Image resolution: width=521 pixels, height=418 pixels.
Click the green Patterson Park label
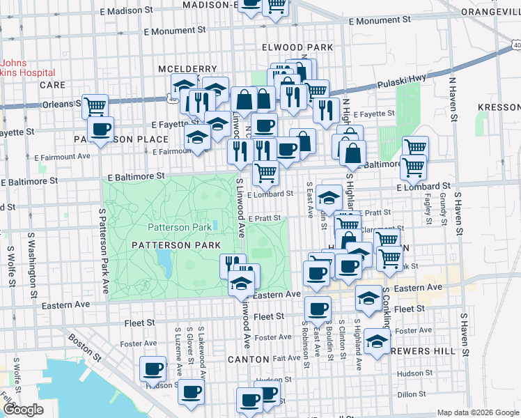(x=179, y=227)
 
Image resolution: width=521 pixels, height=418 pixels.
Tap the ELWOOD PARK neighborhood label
(x=297, y=47)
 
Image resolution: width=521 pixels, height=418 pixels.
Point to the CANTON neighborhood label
(x=249, y=359)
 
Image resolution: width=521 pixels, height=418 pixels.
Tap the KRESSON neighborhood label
(x=499, y=107)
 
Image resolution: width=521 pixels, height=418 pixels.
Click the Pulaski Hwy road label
(x=401, y=83)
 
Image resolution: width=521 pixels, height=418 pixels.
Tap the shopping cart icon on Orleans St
(x=95, y=106)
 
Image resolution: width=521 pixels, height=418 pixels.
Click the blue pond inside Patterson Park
(x=165, y=262)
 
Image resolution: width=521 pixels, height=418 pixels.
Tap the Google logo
(x=23, y=410)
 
